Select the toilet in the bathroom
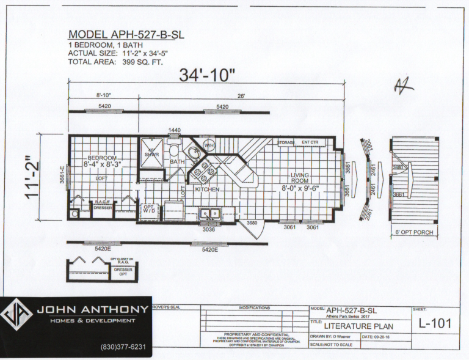pos(174,151)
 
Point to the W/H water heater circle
pos(208,145)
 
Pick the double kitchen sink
pos(211,213)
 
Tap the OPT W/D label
pos(148,208)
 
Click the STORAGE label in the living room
pos(286,142)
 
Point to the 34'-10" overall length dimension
pos(207,76)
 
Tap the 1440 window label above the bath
pos(175,130)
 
